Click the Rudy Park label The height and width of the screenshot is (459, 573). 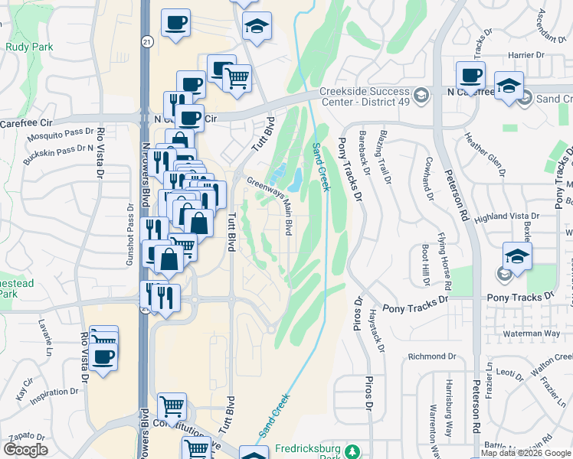pos(28,47)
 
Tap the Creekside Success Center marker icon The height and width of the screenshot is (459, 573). pos(421,96)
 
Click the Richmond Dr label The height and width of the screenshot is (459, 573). pos(431,356)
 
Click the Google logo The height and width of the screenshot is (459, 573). pos(25,450)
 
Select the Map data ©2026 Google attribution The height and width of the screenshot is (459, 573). pos(526,453)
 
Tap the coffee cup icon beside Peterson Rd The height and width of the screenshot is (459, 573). pos(470,76)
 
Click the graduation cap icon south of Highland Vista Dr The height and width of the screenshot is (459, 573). pos(517,256)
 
